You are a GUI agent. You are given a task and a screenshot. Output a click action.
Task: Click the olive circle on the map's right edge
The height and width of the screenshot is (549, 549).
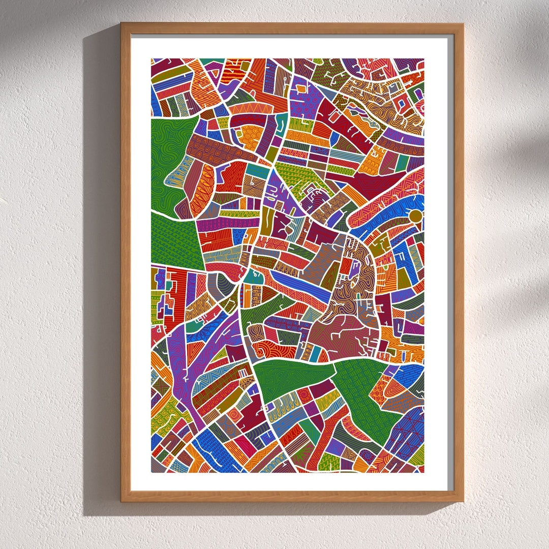(x=416, y=216)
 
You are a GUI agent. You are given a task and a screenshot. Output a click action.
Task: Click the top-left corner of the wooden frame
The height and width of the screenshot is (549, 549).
(x=122, y=24)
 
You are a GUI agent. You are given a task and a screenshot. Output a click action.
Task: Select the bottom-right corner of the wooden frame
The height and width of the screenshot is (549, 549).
(x=462, y=501)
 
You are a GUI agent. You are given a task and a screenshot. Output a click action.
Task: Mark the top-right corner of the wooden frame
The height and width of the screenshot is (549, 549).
(x=462, y=24)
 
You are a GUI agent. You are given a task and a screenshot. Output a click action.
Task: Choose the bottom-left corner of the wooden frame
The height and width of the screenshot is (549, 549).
(x=122, y=501)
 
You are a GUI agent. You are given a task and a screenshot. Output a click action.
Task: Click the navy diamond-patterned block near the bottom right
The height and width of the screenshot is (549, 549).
(x=407, y=432)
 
